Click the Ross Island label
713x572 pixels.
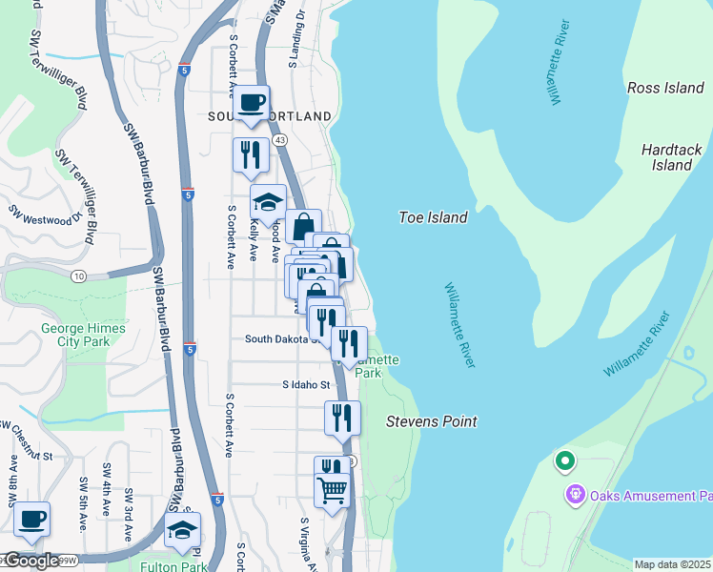coord(665,88)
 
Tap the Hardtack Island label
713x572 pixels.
coord(665,157)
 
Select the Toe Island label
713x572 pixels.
coord(433,217)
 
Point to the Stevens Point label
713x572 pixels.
coord(431,421)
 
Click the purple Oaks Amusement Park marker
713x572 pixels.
coord(574,495)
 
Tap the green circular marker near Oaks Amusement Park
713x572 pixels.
coord(564,463)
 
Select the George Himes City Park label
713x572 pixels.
coord(83,335)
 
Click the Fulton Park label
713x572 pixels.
coord(179,565)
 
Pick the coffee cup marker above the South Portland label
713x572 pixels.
coord(252,103)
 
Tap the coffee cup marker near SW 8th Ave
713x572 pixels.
coord(31,520)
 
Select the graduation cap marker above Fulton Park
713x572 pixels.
coord(183,531)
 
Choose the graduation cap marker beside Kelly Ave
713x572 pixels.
coord(268,202)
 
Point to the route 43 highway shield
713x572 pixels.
coord(279,139)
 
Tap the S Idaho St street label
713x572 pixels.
coord(305,385)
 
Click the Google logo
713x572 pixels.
coord(31,561)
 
